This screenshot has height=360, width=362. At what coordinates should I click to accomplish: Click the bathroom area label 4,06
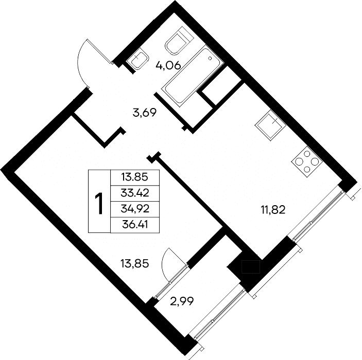[168, 66]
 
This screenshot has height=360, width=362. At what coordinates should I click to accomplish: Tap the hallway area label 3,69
[145, 113]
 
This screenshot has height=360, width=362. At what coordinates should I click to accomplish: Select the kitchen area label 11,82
[273, 210]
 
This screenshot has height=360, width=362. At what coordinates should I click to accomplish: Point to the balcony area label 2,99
[182, 301]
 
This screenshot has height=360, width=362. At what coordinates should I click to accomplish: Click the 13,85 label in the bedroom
[135, 263]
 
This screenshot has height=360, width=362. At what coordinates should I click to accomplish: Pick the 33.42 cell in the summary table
[135, 193]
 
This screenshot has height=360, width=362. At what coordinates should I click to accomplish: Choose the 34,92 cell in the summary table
[135, 209]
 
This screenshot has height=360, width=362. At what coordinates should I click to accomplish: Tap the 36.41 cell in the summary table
[135, 225]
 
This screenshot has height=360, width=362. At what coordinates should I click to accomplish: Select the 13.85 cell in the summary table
[135, 177]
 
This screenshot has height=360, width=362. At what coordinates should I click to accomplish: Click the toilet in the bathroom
[179, 41]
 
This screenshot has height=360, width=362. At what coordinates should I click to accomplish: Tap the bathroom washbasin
[138, 60]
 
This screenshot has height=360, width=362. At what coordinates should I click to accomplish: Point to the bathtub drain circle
[210, 58]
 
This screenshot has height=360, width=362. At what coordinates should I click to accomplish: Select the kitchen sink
[270, 125]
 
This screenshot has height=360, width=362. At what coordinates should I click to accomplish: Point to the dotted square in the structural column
[251, 267]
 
